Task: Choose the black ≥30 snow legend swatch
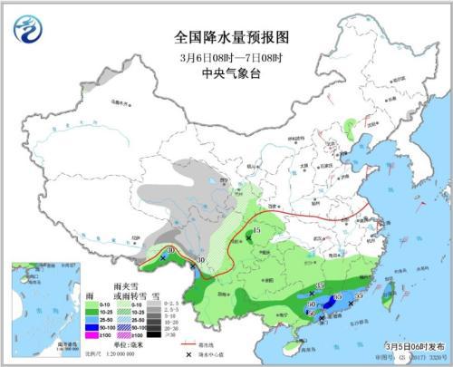pyautogui.click(x=155, y=335)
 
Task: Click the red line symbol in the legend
pyautogui.click(x=188, y=344)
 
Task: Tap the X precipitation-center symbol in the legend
pyautogui.click(x=188, y=354)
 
